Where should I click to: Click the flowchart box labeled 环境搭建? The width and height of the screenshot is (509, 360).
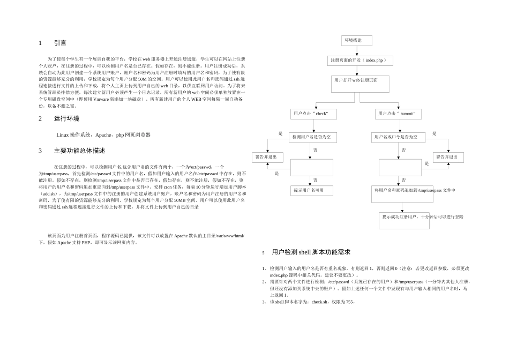click(x=356, y=41)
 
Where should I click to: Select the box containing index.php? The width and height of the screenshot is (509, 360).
click(x=360, y=61)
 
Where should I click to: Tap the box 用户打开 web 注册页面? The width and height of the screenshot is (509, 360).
click(x=360, y=84)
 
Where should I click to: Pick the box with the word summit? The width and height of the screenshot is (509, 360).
click(x=398, y=114)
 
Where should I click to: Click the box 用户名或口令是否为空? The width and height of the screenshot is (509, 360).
click(x=399, y=138)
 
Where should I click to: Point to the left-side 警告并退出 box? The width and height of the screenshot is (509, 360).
click(x=267, y=157)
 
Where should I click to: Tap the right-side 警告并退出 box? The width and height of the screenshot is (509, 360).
click(x=448, y=157)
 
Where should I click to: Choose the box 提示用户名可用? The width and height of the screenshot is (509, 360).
click(x=312, y=190)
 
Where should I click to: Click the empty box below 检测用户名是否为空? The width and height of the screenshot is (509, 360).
click(x=311, y=167)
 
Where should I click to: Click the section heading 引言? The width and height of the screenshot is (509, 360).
click(x=60, y=43)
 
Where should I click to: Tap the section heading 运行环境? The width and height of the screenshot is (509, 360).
click(x=66, y=118)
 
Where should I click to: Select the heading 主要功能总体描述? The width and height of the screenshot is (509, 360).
click(x=79, y=151)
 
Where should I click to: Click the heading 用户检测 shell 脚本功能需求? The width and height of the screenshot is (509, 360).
click(x=311, y=252)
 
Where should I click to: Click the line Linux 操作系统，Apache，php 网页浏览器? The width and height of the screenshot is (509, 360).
click(x=103, y=134)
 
